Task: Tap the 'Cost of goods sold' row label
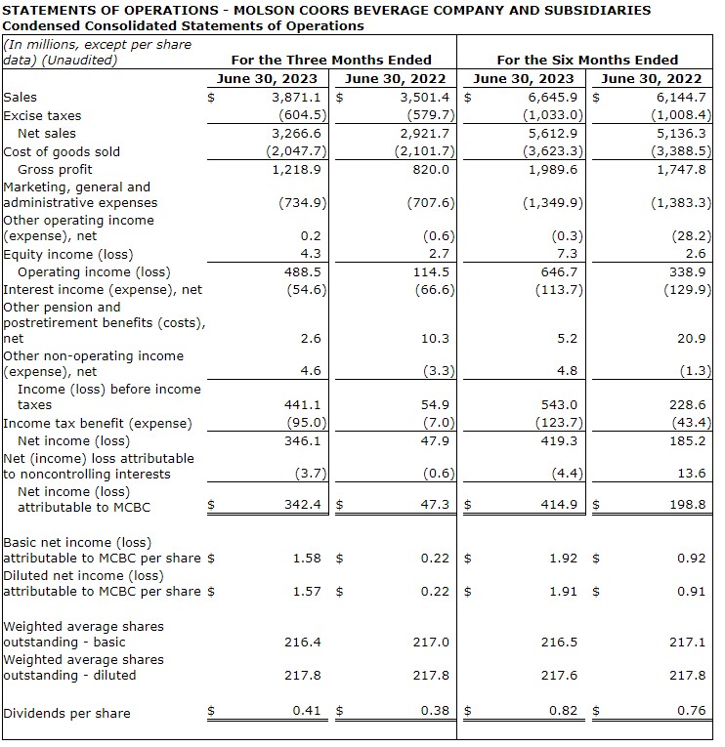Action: pyautogui.click(x=63, y=151)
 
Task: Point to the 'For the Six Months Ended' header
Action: pyautogui.click(x=587, y=60)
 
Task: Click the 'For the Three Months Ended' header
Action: pyautogui.click(x=331, y=60)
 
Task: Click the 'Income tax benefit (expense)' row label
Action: pyautogui.click(x=98, y=423)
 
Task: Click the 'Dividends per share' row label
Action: pyautogui.click(x=66, y=713)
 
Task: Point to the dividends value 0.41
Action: pyautogui.click(x=307, y=711)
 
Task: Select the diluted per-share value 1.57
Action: pyautogui.click(x=307, y=592)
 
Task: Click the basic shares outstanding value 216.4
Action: pyautogui.click(x=303, y=643)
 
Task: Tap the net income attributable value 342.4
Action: pyautogui.click(x=302, y=505)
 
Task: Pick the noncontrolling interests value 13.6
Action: pyautogui.click(x=691, y=474)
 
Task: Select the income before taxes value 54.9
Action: pyautogui.click(x=433, y=404)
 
